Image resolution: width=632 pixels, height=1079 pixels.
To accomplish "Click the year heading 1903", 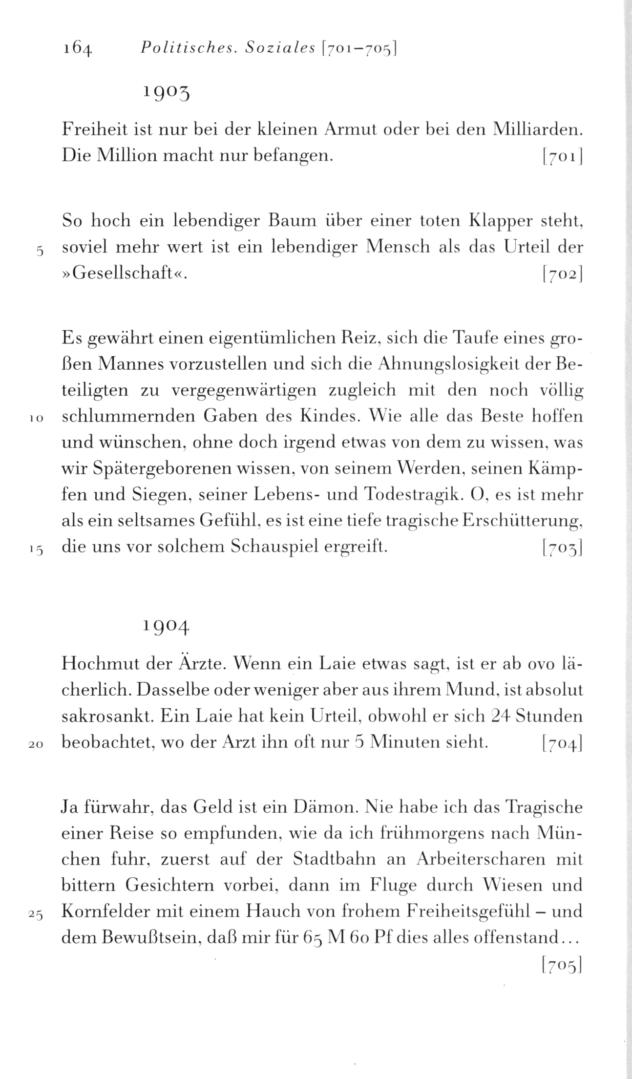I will [166, 91].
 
